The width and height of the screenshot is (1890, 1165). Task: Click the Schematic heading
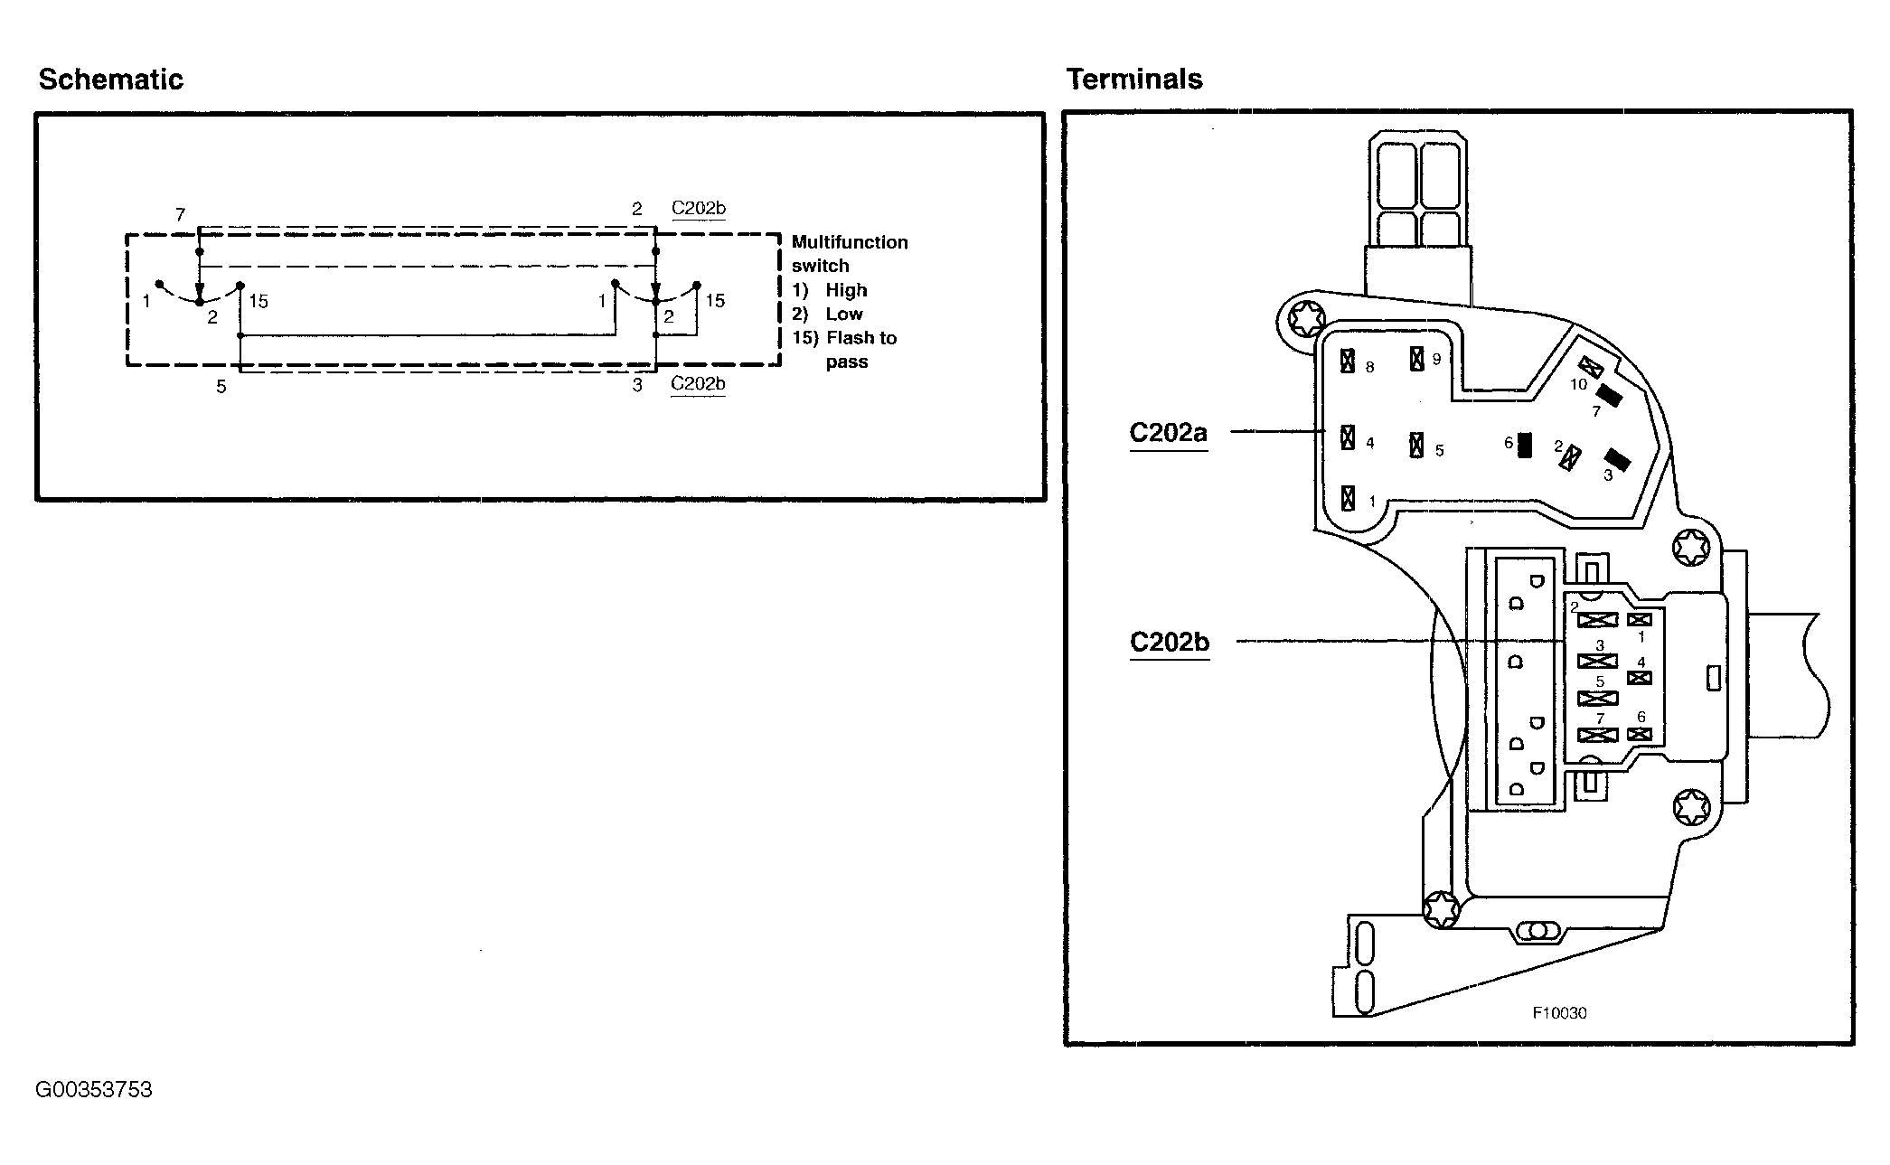[x=110, y=80]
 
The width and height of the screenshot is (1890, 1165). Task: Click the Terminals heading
[x=1134, y=80]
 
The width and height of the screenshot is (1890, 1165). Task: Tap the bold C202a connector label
[x=1168, y=432]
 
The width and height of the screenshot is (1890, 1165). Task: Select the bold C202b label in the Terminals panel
[x=1169, y=642]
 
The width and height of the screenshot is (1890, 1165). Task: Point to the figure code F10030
[x=1559, y=1013]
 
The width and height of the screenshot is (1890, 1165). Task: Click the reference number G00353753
[x=94, y=1089]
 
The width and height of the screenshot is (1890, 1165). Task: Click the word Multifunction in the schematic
[x=850, y=242]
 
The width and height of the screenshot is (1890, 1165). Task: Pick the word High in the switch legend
[x=846, y=290]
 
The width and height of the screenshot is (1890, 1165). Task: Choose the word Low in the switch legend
[x=844, y=314]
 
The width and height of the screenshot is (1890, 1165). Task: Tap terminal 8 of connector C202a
[x=1348, y=362]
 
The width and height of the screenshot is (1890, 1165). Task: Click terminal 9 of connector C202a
[x=1417, y=358]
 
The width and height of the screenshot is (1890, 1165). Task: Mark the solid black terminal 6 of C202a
[x=1525, y=445]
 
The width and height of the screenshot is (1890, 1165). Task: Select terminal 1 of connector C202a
[x=1348, y=498]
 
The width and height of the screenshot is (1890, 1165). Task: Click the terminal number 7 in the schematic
[x=180, y=214]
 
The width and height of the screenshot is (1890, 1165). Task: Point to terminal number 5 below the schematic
[x=221, y=387]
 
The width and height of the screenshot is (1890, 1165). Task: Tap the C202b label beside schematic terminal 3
[x=698, y=384]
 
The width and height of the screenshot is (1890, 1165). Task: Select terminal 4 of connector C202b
[x=1639, y=678]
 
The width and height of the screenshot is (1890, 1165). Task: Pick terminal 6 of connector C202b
[x=1639, y=734]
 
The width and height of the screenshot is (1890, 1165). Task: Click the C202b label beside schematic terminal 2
[x=698, y=209]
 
